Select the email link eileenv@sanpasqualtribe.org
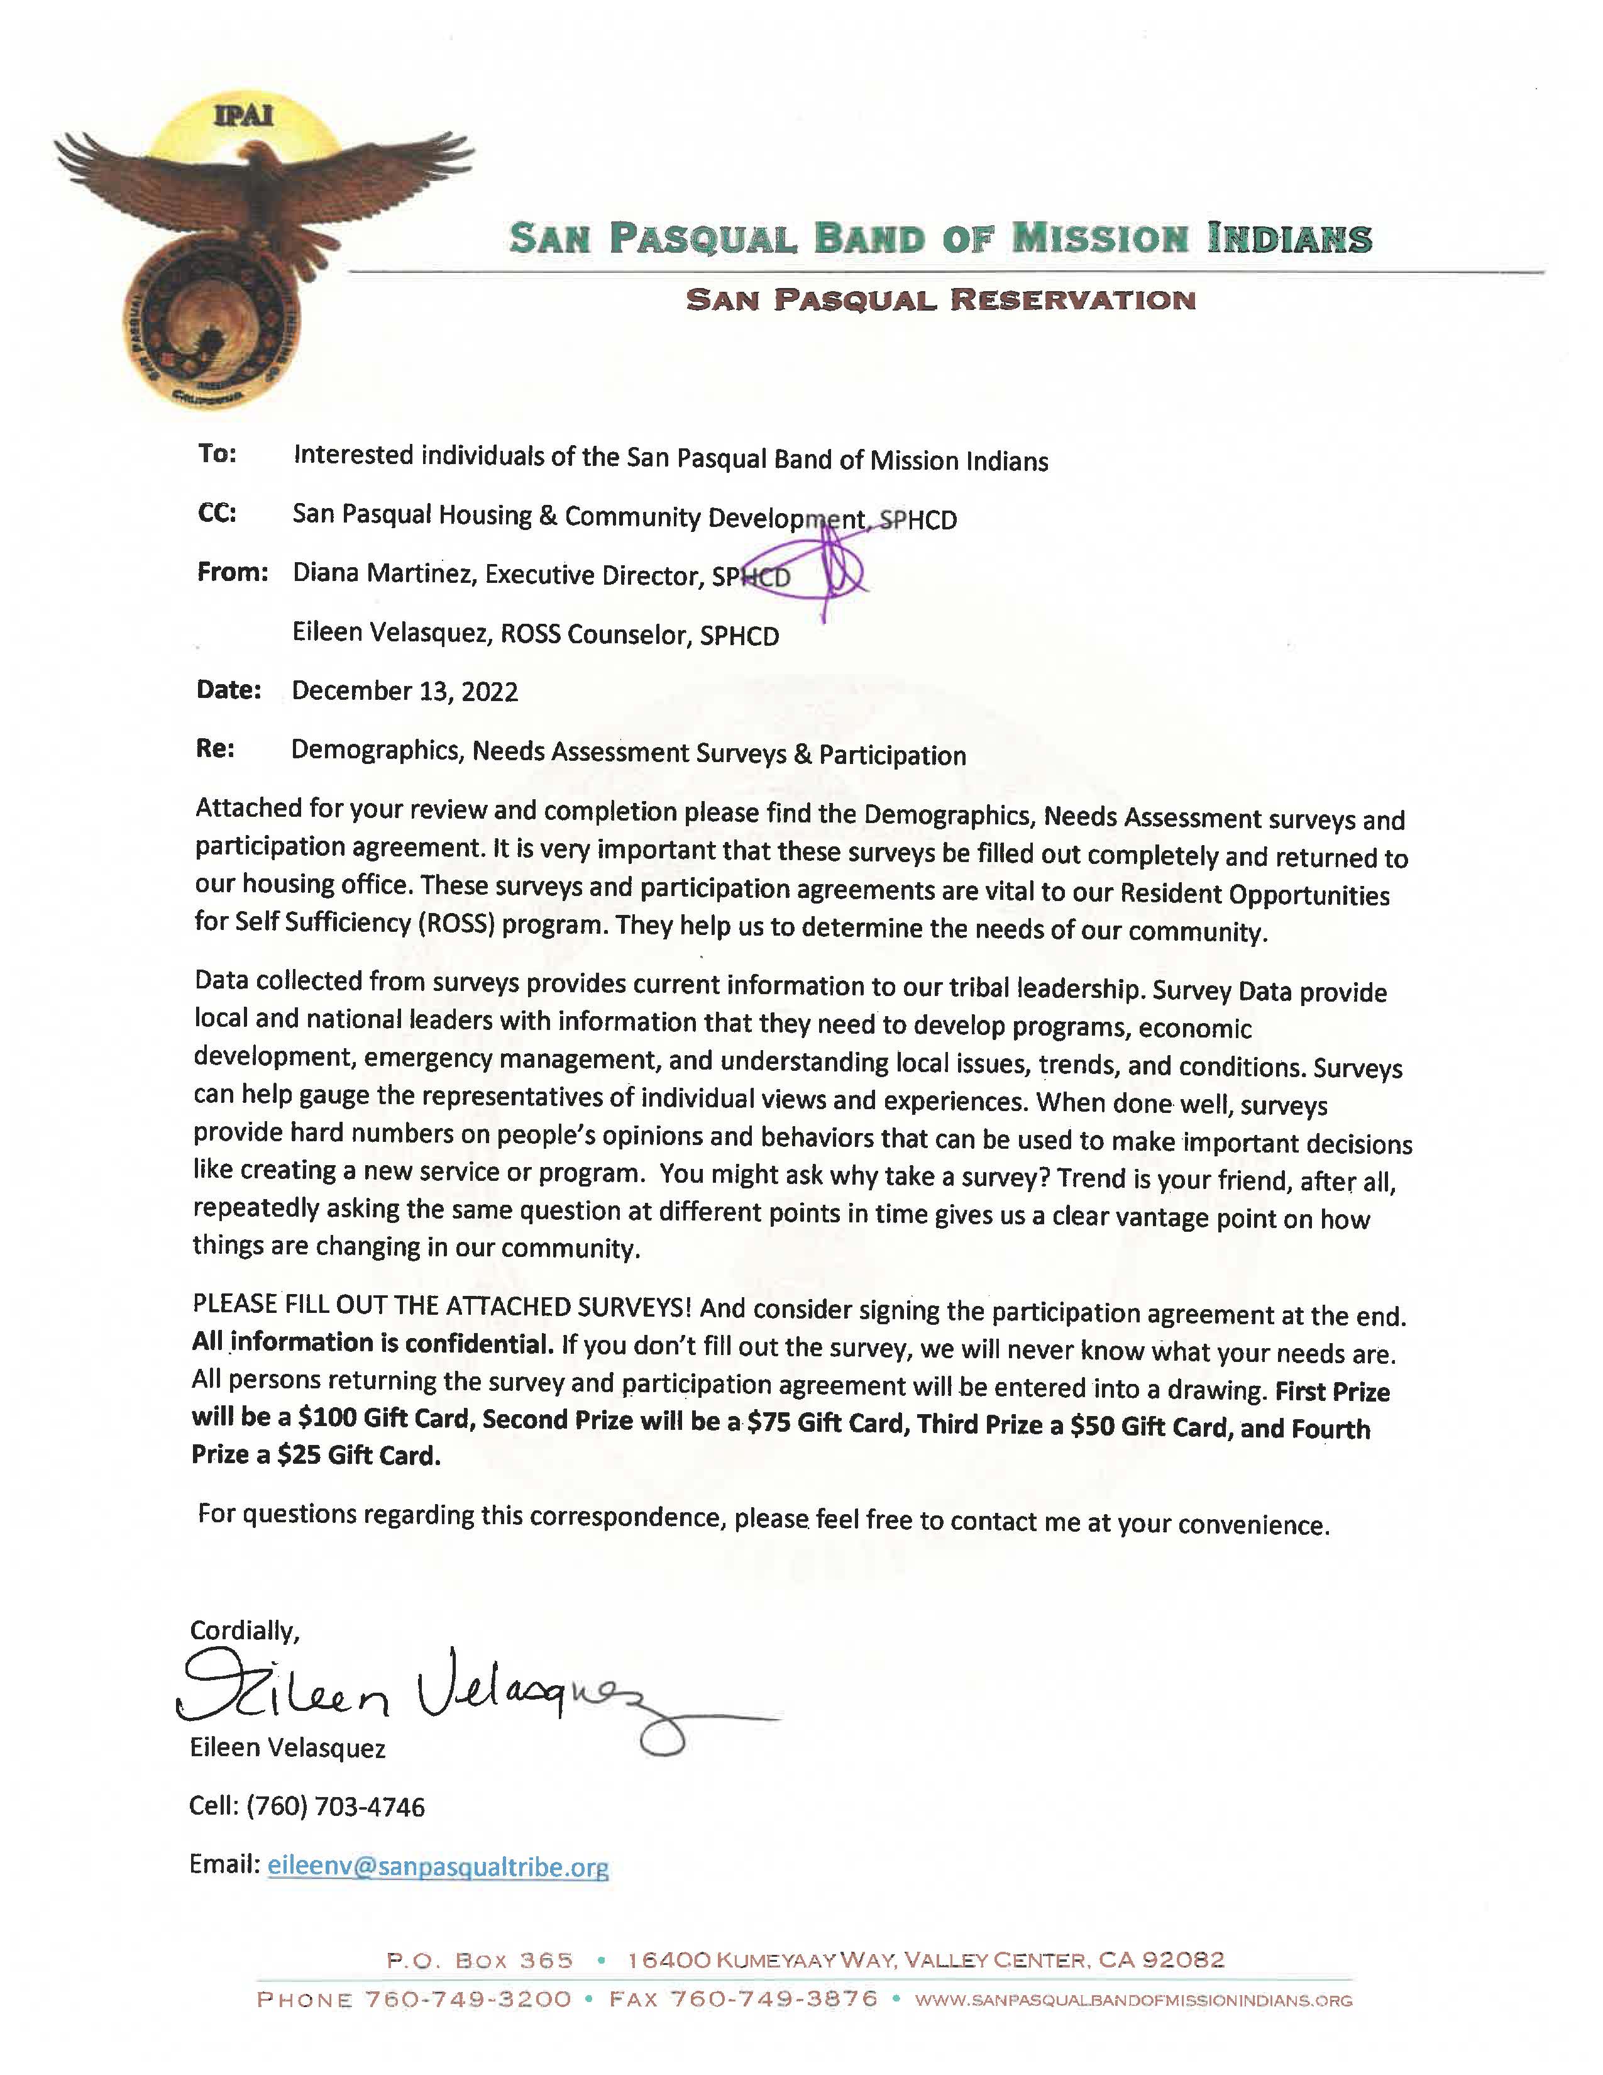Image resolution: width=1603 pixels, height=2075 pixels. (438, 1866)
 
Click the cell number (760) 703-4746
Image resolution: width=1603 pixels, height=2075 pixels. (335, 1806)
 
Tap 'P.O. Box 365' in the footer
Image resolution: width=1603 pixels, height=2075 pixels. (480, 1960)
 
